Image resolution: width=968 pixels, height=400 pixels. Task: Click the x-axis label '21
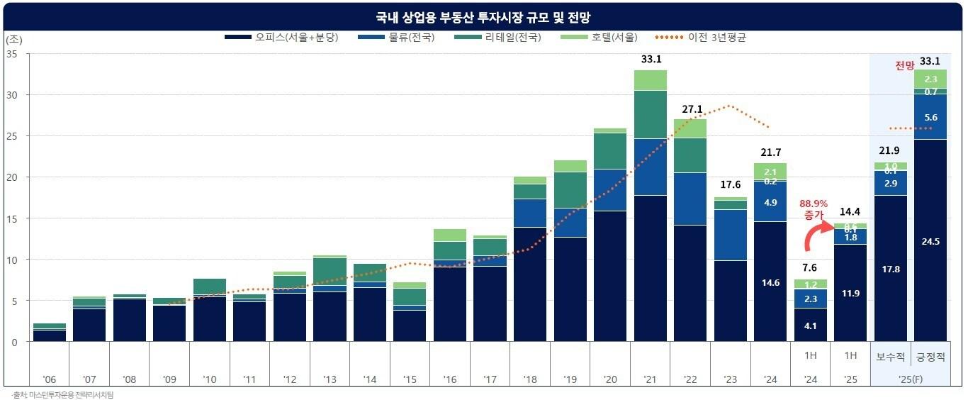[x=650, y=379]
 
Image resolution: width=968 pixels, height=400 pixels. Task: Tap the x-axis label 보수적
[x=891, y=359]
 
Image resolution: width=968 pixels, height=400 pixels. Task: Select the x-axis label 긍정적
[x=930, y=359]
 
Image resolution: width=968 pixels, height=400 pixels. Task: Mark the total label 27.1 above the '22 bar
[x=690, y=109]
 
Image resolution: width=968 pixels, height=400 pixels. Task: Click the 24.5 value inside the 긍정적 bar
[x=930, y=241]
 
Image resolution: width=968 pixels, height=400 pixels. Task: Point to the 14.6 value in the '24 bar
[x=770, y=282]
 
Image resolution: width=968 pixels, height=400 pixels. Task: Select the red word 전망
[x=904, y=66]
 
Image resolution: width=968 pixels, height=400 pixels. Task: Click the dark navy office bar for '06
[x=49, y=335]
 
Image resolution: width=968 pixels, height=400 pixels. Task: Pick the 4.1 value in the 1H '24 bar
[x=810, y=326]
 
